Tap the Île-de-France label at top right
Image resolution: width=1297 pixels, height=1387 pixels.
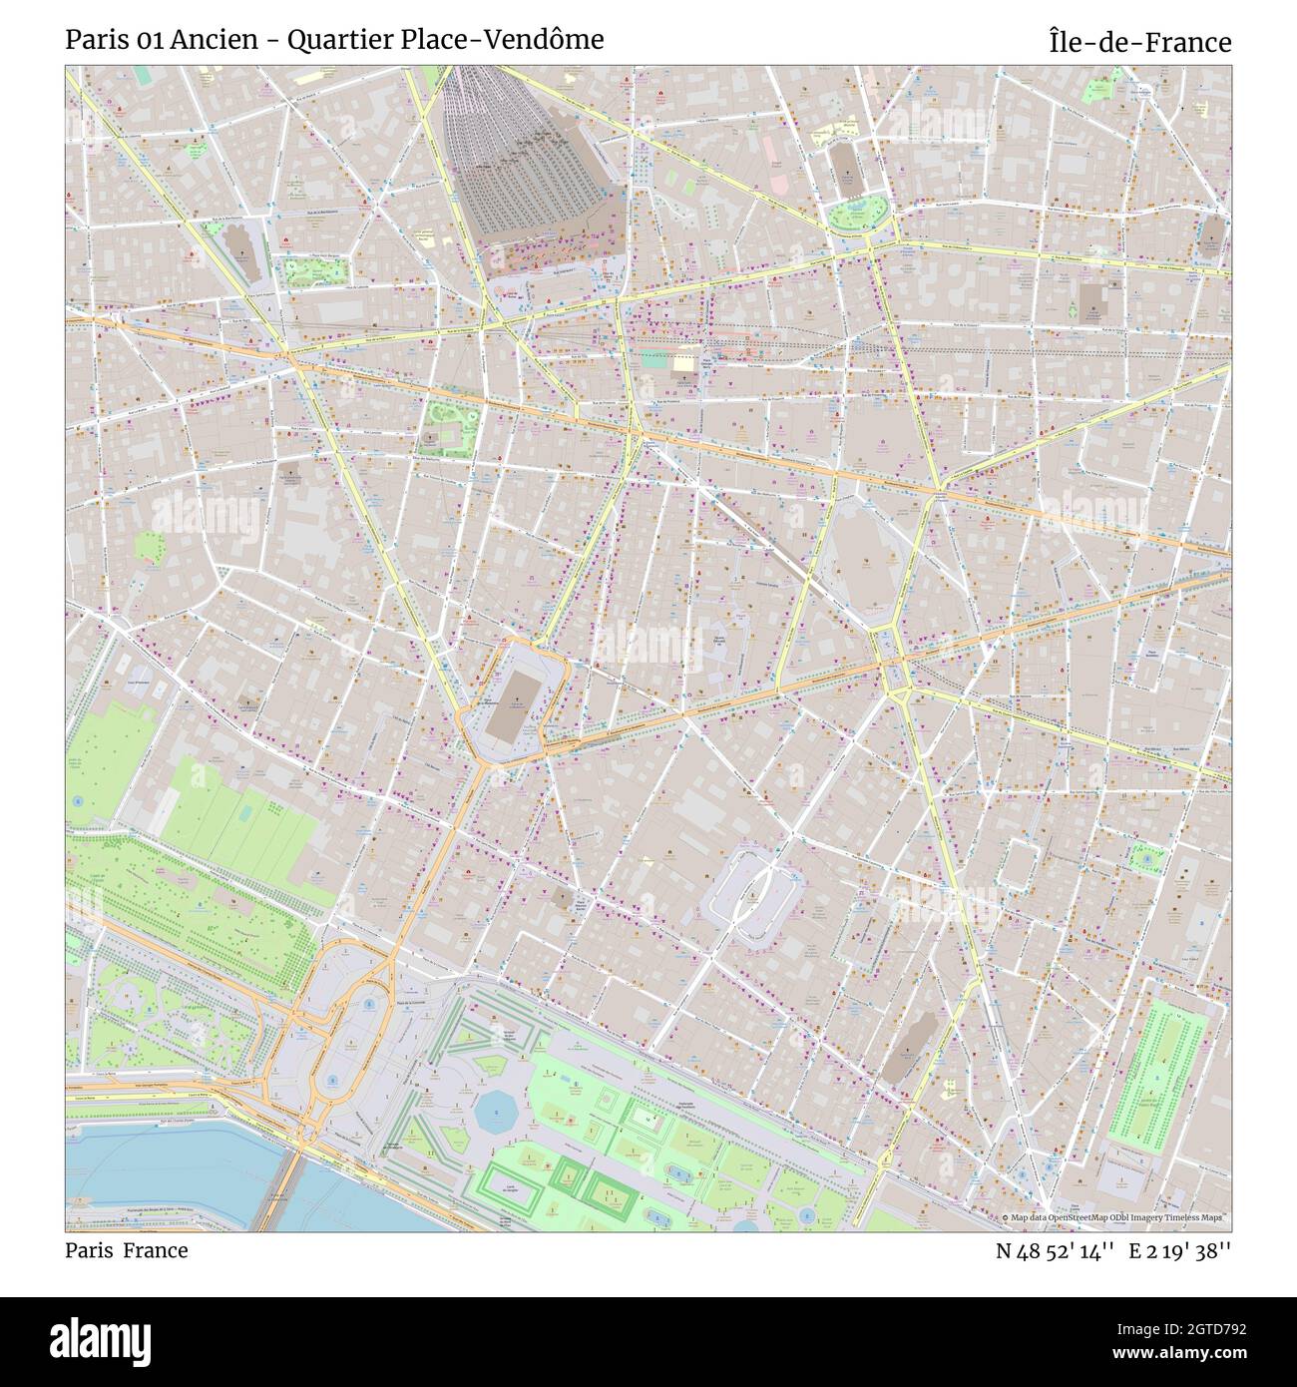(1139, 42)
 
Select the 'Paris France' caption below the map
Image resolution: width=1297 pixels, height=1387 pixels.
(127, 1250)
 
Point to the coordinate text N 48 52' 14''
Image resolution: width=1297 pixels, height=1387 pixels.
(1055, 1250)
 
